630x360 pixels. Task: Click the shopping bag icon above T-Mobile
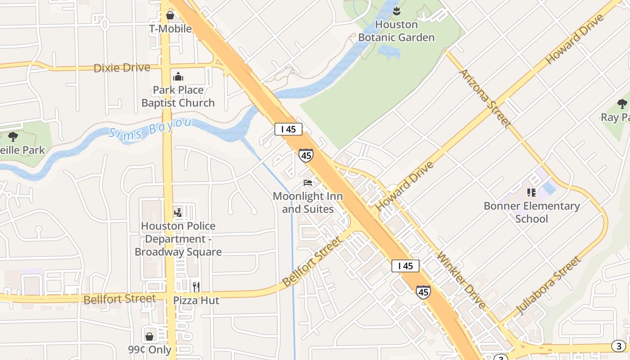point(170,16)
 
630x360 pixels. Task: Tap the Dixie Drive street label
point(121,68)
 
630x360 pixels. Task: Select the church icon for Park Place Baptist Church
point(178,76)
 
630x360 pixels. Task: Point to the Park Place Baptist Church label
point(178,96)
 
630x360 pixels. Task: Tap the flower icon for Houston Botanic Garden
point(396,9)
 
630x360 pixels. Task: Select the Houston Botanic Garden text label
point(396,31)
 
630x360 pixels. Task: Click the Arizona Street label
point(485,99)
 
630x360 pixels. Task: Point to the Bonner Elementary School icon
point(531,193)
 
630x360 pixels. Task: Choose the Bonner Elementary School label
point(531,212)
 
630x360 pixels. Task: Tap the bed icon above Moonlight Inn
point(308,183)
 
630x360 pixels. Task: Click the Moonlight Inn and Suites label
point(308,202)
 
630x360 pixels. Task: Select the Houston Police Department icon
point(178,212)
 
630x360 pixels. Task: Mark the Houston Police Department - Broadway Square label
point(178,239)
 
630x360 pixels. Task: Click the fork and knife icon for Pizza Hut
point(196,287)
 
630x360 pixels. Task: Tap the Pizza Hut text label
point(196,300)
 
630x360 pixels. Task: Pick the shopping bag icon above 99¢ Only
point(149,336)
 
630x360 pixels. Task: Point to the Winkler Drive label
point(462,281)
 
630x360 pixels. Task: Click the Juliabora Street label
point(548,285)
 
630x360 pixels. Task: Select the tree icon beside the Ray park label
point(622,104)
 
